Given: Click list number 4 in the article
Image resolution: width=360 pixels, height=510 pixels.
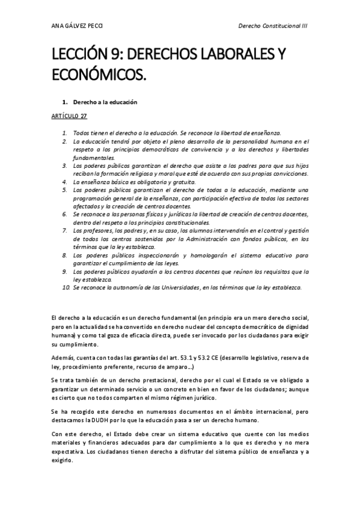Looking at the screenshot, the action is pyautogui.click(x=65, y=182).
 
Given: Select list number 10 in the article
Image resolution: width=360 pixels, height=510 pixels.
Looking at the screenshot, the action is pyautogui.click(x=66, y=288).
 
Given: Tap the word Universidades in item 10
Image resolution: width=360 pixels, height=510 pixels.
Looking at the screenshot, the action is pyautogui.click(x=180, y=288).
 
